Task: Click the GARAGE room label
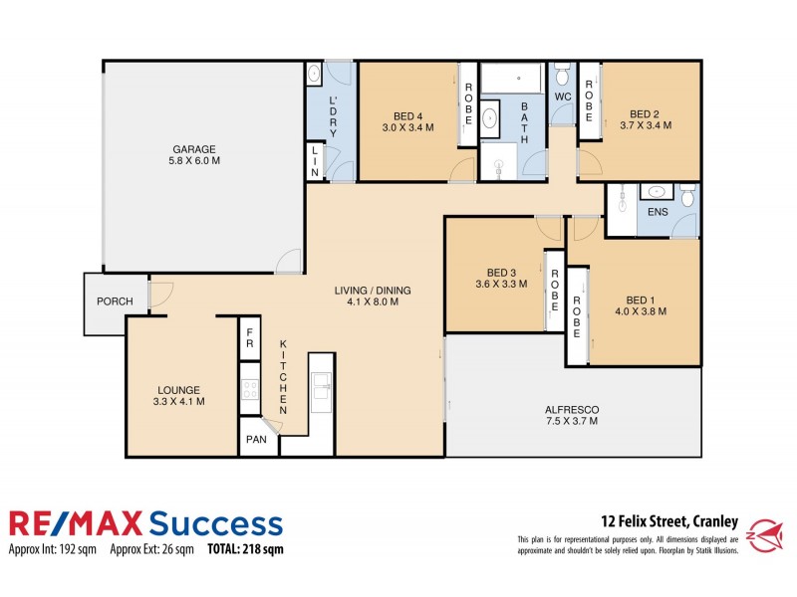(x=194, y=149)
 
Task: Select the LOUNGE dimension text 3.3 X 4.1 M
(x=178, y=402)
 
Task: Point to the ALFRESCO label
(x=572, y=409)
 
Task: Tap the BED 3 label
(x=501, y=273)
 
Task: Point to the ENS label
(x=658, y=212)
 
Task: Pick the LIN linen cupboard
(x=315, y=161)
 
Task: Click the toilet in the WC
(x=562, y=76)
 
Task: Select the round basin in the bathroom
(x=492, y=120)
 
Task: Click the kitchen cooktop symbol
(x=249, y=391)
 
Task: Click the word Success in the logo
(x=216, y=522)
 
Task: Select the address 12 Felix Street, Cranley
(x=668, y=519)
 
